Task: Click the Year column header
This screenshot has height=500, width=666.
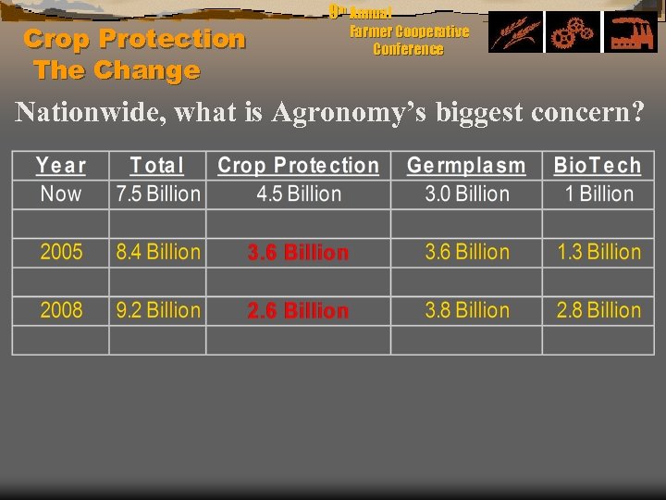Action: point(61,166)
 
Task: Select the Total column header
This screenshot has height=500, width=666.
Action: point(157,166)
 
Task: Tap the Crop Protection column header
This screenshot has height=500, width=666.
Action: point(298,166)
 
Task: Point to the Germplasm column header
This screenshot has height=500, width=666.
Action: point(466,166)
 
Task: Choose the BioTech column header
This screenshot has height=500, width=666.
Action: point(598,166)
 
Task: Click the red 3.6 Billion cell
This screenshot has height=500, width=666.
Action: point(298,253)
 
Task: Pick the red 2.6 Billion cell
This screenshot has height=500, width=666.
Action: point(298,311)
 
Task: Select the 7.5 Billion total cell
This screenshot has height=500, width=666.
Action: point(157,194)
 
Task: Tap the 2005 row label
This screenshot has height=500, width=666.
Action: point(61,252)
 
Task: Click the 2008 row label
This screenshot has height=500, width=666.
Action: point(61,310)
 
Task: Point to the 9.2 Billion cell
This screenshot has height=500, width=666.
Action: point(157,310)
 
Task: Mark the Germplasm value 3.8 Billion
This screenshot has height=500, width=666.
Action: point(466,310)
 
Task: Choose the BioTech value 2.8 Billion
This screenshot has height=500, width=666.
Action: point(598,310)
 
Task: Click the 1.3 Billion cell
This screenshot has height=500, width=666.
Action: point(598,252)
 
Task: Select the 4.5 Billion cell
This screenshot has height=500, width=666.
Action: point(298,194)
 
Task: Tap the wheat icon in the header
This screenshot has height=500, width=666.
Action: point(515,32)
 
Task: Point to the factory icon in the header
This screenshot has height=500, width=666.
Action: point(631,32)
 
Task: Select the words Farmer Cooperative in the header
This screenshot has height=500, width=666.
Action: point(409,31)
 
